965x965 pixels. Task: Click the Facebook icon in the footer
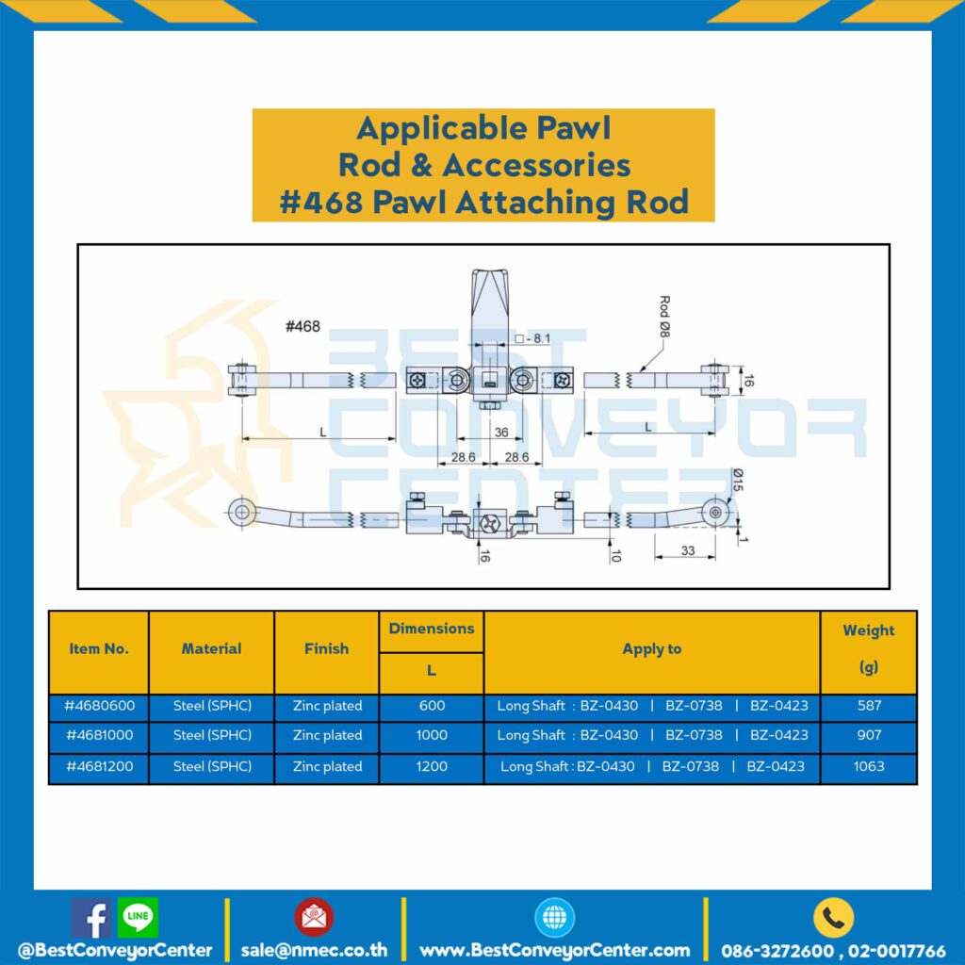[x=91, y=918]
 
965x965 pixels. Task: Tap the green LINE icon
[x=138, y=916]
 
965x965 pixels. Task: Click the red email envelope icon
[x=314, y=916]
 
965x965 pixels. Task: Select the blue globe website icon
[x=554, y=917]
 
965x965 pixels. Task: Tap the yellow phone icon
[x=833, y=918]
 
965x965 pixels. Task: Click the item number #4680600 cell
[x=99, y=706]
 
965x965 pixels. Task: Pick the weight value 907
[x=869, y=735]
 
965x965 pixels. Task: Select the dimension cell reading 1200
[x=432, y=766]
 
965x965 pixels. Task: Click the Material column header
[x=211, y=648]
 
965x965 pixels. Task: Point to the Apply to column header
[x=652, y=648]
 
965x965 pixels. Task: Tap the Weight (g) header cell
[x=868, y=650]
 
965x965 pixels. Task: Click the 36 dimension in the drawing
[x=501, y=432]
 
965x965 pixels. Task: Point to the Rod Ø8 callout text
[x=664, y=317]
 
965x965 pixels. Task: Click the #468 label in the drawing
[x=303, y=326]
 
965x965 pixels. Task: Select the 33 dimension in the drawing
[x=687, y=550]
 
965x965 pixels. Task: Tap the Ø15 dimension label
[x=738, y=480]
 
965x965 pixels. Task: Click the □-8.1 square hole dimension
[x=532, y=338]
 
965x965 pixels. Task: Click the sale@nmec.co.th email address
[x=314, y=950]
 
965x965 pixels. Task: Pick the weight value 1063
[x=868, y=766]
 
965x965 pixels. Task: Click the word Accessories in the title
[x=536, y=165]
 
